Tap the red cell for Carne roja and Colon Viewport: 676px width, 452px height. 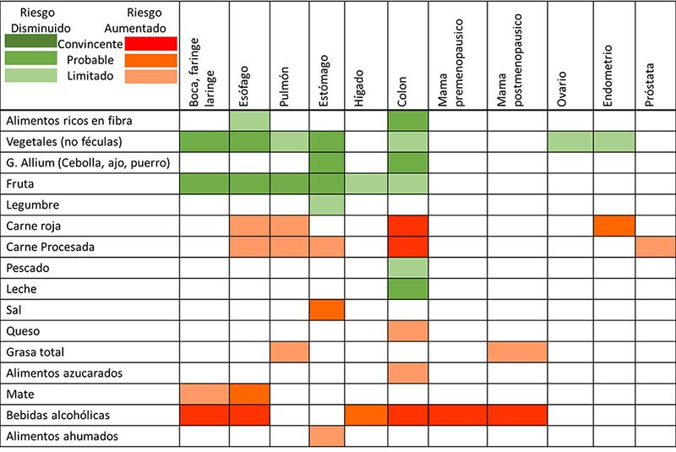tap(407, 226)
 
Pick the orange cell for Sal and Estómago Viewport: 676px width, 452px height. tap(326, 310)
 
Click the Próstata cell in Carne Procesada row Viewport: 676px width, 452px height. tap(655, 247)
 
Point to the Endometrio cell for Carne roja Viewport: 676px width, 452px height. tap(613, 226)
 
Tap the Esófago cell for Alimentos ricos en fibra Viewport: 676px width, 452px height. tap(248, 121)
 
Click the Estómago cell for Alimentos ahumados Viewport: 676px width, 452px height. tap(326, 437)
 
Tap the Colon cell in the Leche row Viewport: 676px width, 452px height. tap(407, 289)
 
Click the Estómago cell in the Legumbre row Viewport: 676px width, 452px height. tap(326, 204)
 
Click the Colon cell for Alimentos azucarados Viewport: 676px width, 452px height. tap(407, 373)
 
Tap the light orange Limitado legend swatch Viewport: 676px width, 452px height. tap(150, 76)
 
